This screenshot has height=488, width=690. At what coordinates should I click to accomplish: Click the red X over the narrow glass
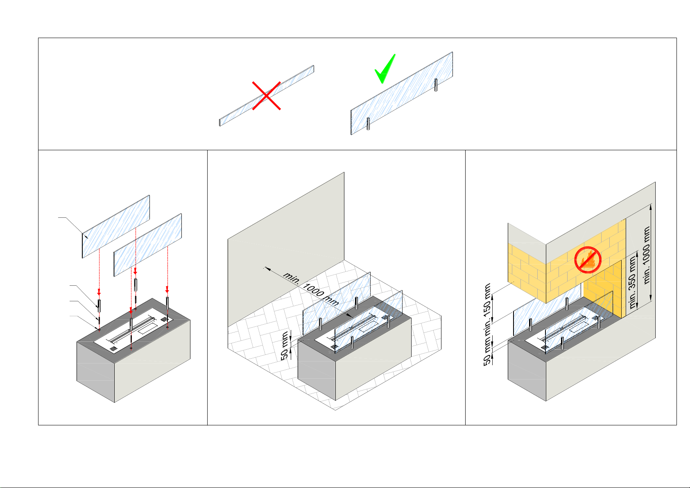pyautogui.click(x=266, y=96)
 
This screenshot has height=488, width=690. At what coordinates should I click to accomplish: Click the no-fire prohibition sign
pyautogui.click(x=587, y=260)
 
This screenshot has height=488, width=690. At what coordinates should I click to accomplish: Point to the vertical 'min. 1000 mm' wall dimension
pyautogui.click(x=647, y=255)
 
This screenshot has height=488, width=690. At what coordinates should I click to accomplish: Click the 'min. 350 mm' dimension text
pyautogui.click(x=633, y=282)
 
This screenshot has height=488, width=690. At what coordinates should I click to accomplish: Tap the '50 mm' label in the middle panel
pyautogui.click(x=285, y=346)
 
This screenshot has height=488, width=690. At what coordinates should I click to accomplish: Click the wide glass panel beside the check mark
pyautogui.click(x=401, y=93)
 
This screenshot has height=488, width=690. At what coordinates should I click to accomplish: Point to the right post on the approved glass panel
pyautogui.click(x=436, y=85)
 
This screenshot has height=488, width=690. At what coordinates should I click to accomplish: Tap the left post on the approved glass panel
pyautogui.click(x=368, y=124)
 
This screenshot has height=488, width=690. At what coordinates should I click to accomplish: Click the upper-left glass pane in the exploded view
pyautogui.click(x=116, y=226)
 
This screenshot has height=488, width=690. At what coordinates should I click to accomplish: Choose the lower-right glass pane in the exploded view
pyautogui.click(x=147, y=244)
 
